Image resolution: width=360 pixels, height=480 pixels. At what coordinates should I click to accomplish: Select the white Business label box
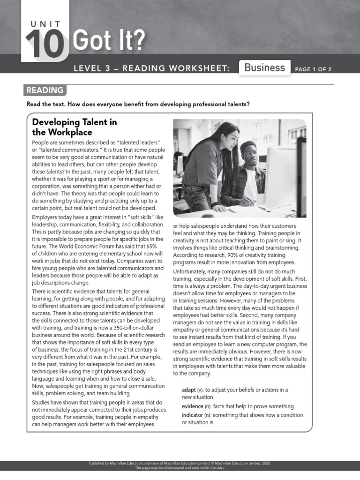[x=264, y=67]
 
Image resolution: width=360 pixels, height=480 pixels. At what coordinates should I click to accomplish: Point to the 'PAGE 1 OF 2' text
[x=313, y=69]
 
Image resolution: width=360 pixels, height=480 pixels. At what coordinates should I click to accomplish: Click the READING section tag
[x=45, y=90]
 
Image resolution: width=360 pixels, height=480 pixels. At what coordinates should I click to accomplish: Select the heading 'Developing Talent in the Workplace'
[x=74, y=127]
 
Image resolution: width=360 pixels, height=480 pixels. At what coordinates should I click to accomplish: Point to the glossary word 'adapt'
[x=190, y=390]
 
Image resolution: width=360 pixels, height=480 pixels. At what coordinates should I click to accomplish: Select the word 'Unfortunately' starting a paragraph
[x=191, y=271]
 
